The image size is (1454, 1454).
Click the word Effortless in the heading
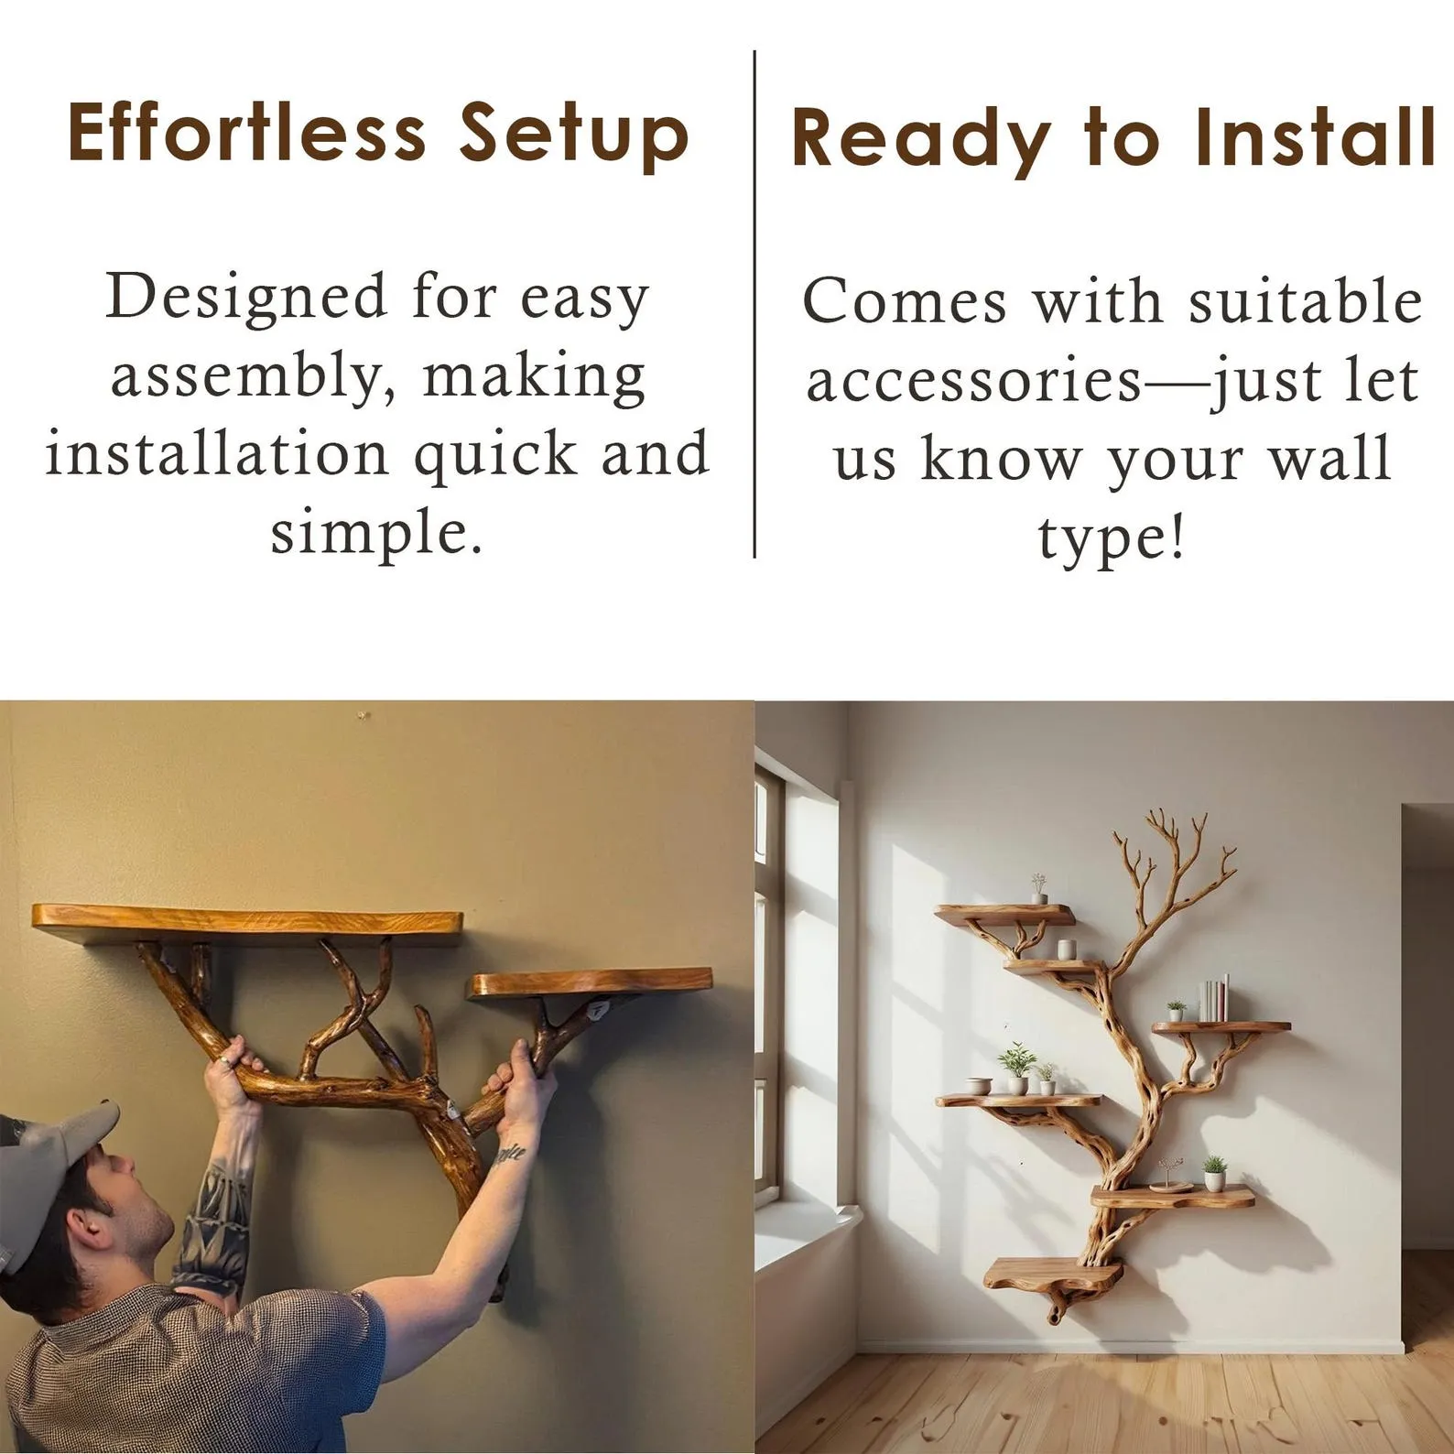click(246, 133)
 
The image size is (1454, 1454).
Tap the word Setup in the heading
click(573, 135)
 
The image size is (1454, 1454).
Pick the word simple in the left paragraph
click(375, 532)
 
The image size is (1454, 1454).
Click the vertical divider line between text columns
click(754, 302)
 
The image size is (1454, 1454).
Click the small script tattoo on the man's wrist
click(509, 1155)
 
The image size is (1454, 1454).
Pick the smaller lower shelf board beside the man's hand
click(591, 982)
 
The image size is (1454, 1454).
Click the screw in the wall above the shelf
click(363, 712)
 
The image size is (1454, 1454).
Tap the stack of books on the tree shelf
click(1214, 999)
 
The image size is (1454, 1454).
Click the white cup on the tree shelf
click(1066, 949)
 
